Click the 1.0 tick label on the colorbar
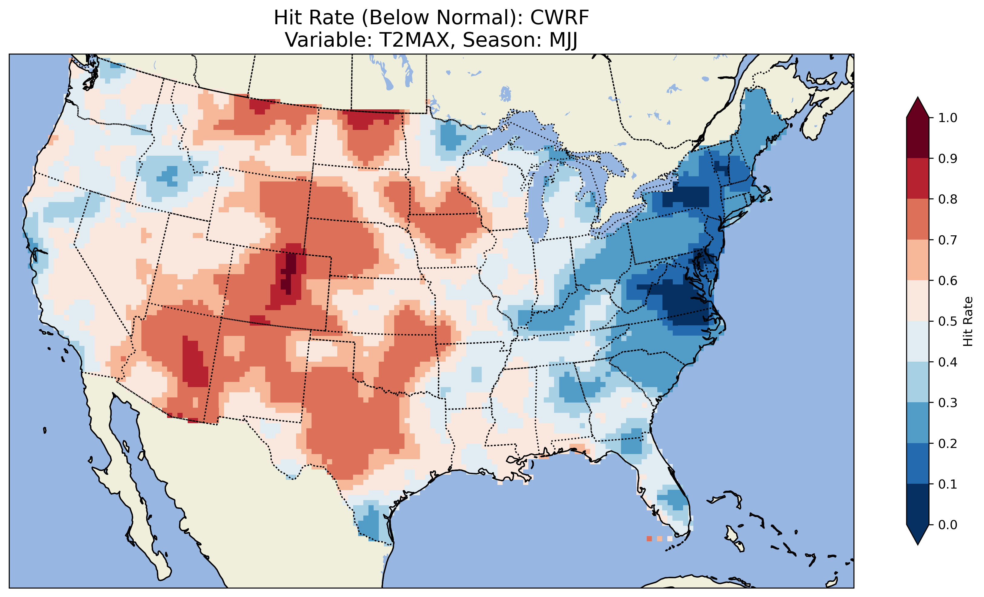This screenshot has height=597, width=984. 948,118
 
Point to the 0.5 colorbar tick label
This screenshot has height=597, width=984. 948,321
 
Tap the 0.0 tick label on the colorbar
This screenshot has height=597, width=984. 948,525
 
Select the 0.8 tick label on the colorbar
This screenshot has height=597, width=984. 948,199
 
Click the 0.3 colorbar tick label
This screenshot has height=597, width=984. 948,403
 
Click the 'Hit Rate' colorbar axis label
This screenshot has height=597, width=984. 968,321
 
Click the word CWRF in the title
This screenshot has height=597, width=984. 559,18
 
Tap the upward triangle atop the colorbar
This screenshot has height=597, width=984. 918,107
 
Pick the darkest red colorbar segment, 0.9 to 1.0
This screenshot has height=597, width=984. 918,138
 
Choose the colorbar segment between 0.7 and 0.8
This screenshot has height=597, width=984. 918,219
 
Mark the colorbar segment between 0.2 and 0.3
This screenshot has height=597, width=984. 918,423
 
